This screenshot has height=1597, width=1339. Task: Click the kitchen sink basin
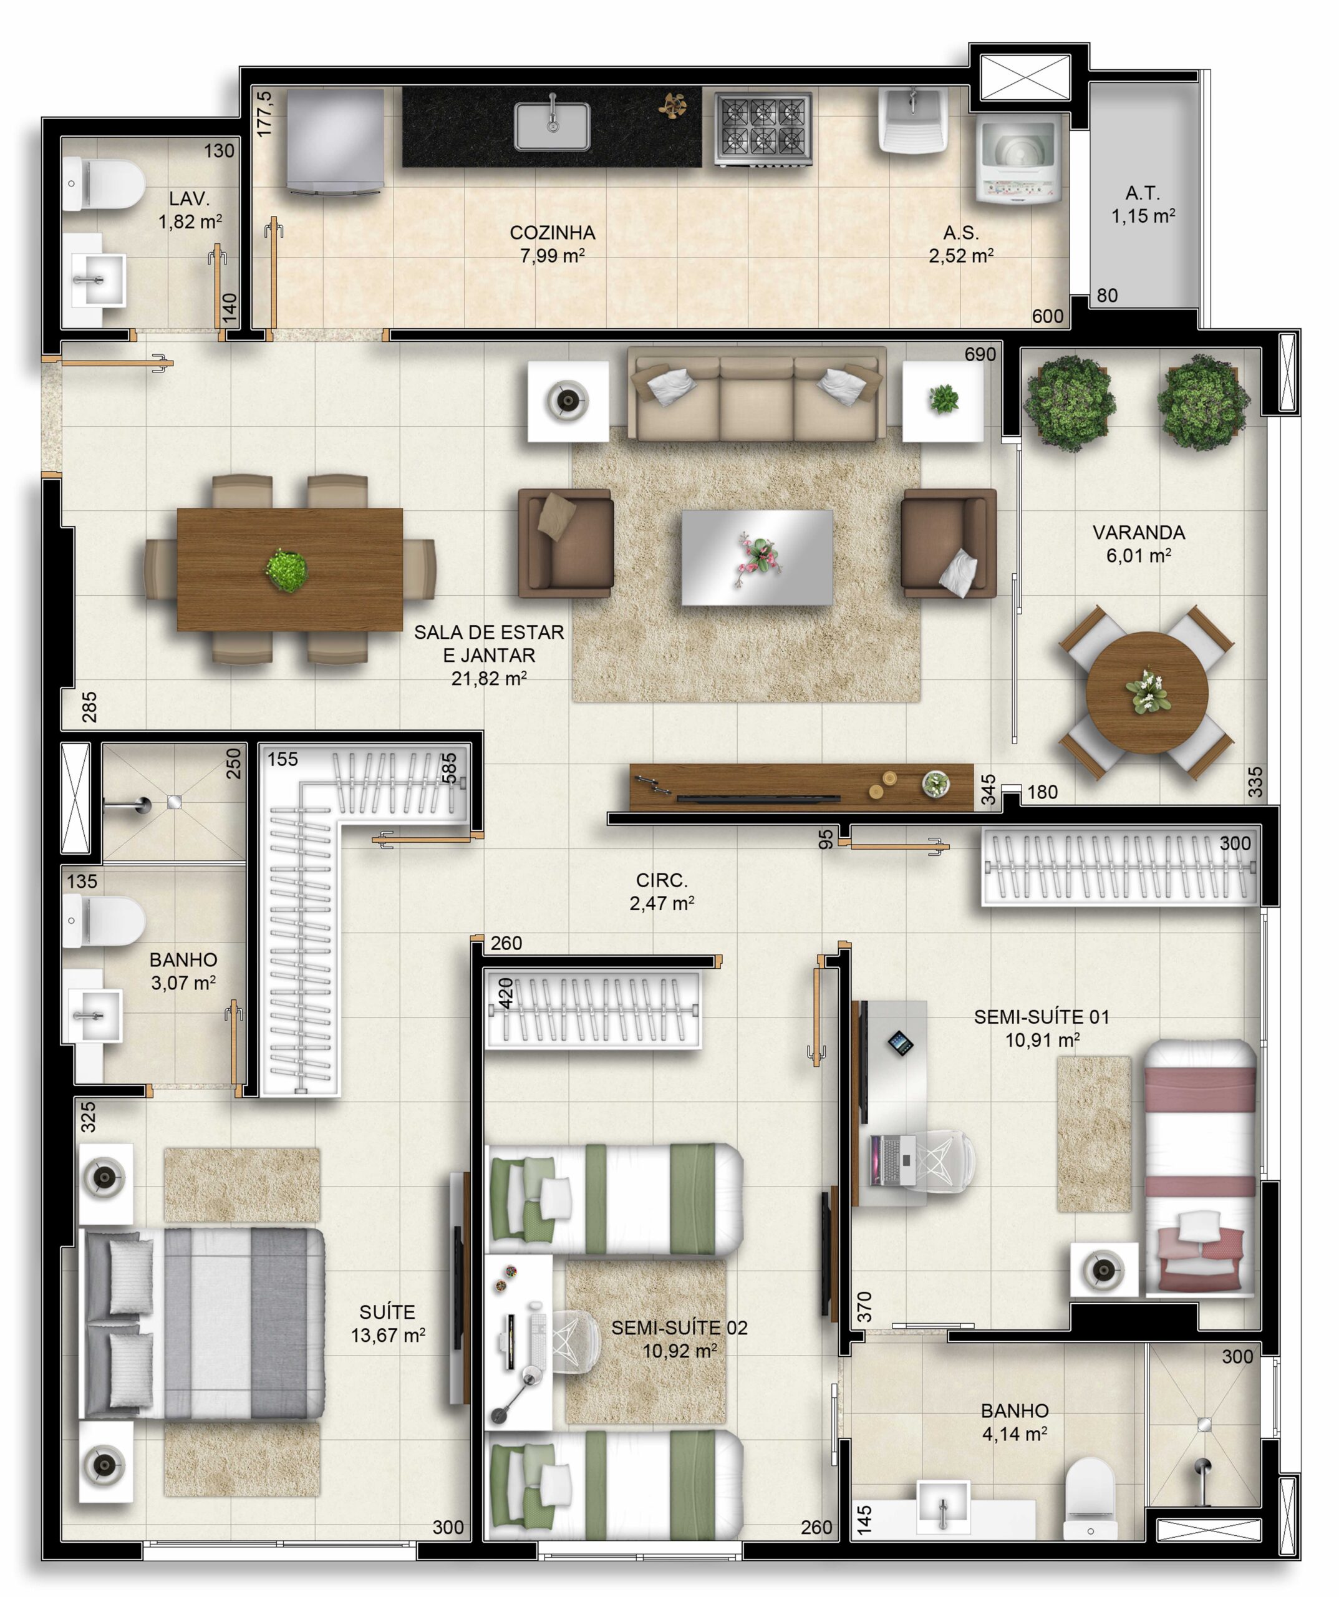pyautogui.click(x=552, y=125)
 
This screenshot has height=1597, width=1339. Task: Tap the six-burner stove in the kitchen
pyautogui.click(x=763, y=129)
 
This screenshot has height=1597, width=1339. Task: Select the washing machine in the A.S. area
pyautogui.click(x=1018, y=160)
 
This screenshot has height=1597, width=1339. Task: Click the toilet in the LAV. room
pyautogui.click(x=103, y=184)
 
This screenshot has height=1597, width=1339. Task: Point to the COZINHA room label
pyautogui.click(x=553, y=233)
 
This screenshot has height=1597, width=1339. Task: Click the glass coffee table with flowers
pyautogui.click(x=757, y=558)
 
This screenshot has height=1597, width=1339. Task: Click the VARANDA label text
pyautogui.click(x=1138, y=532)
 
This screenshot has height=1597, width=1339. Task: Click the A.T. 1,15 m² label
pyautogui.click(x=1143, y=205)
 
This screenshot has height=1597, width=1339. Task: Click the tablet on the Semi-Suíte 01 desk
pyautogui.click(x=901, y=1042)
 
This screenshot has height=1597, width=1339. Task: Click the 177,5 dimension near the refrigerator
pyautogui.click(x=264, y=114)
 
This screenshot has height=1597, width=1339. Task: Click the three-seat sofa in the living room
pyautogui.click(x=757, y=394)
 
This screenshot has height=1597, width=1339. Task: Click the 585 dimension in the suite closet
pyautogui.click(x=450, y=768)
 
